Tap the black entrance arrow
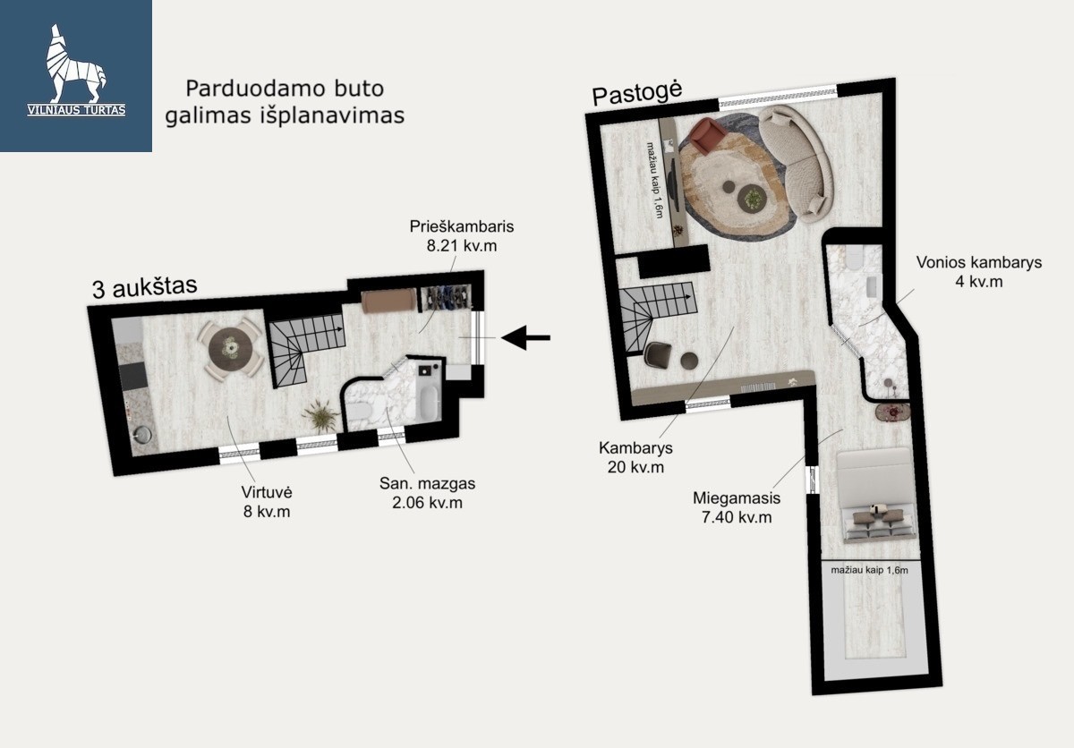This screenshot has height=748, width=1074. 525,337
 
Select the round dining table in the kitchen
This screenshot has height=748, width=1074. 231,348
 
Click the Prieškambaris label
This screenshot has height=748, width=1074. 461,226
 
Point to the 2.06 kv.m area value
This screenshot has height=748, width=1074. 427,503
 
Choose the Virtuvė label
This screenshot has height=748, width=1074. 267,492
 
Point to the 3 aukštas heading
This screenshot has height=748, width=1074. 145,287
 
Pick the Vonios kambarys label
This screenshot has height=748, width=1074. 978,262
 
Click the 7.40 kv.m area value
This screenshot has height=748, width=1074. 737,517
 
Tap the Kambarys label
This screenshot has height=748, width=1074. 635,448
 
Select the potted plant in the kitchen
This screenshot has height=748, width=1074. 320,416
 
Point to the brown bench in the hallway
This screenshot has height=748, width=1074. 389,301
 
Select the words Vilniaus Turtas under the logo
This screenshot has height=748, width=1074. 76,110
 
